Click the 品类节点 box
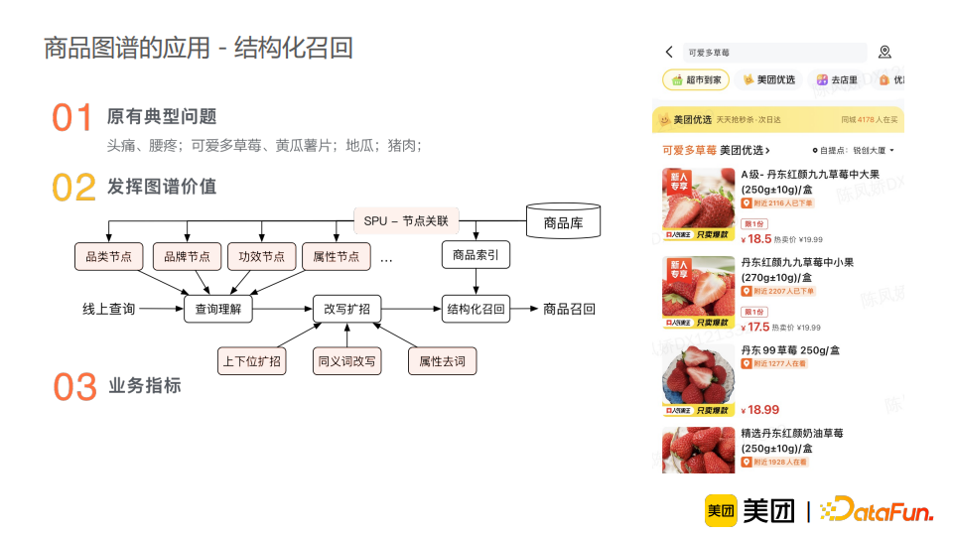tap(109, 256)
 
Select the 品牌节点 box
tap(188, 256)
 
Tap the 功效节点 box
tap(262, 256)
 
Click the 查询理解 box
tap(218, 309)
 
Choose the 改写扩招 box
tap(346, 309)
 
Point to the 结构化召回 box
tap(476, 309)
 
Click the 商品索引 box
tap(476, 255)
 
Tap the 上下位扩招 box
tap(251, 360)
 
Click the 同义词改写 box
tap(346, 360)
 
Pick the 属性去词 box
tap(442, 360)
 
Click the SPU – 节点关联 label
tap(406, 220)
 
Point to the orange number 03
tap(74, 387)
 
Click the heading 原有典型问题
tap(162, 117)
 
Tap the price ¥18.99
tap(762, 409)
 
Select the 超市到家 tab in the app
tap(696, 79)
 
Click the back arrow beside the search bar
tap(670, 53)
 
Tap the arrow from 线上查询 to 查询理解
tap(161, 309)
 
